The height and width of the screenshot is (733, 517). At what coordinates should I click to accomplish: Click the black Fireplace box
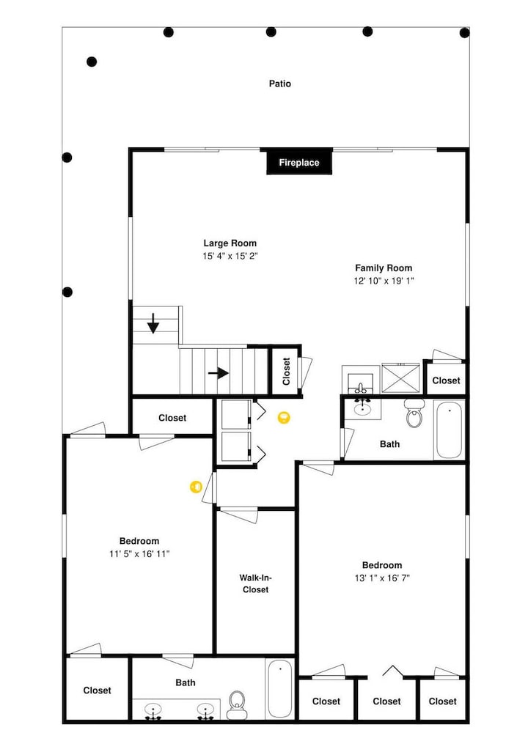299,162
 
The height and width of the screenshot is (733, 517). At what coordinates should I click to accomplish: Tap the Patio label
280,84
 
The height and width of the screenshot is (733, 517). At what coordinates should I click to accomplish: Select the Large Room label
230,243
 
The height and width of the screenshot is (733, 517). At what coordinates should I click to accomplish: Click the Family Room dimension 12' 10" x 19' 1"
384,281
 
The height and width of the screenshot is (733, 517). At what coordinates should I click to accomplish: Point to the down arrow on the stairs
153,323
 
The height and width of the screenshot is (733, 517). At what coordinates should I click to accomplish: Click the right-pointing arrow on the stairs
218,373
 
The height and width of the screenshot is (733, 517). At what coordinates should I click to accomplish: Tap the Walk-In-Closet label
255,583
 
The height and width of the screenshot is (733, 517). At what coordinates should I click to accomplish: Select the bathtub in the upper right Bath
449,429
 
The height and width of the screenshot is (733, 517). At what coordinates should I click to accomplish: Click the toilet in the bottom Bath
237,705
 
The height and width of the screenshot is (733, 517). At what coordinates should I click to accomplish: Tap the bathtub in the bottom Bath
279,688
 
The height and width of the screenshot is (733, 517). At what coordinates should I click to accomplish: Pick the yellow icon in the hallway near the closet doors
284,418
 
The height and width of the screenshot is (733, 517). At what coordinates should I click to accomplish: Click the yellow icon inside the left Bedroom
196,487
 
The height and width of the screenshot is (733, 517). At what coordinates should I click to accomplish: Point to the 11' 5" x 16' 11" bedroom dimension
139,554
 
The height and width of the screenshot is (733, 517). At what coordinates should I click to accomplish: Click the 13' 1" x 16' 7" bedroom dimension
382,578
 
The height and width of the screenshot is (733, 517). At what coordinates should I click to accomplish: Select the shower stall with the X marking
400,377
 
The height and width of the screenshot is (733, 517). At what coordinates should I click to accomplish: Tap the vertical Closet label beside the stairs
286,372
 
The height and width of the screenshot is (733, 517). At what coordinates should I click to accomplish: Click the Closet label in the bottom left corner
98,690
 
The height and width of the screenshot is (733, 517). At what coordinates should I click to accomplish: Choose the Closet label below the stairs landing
172,418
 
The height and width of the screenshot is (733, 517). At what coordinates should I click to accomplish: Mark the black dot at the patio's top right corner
465,33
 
